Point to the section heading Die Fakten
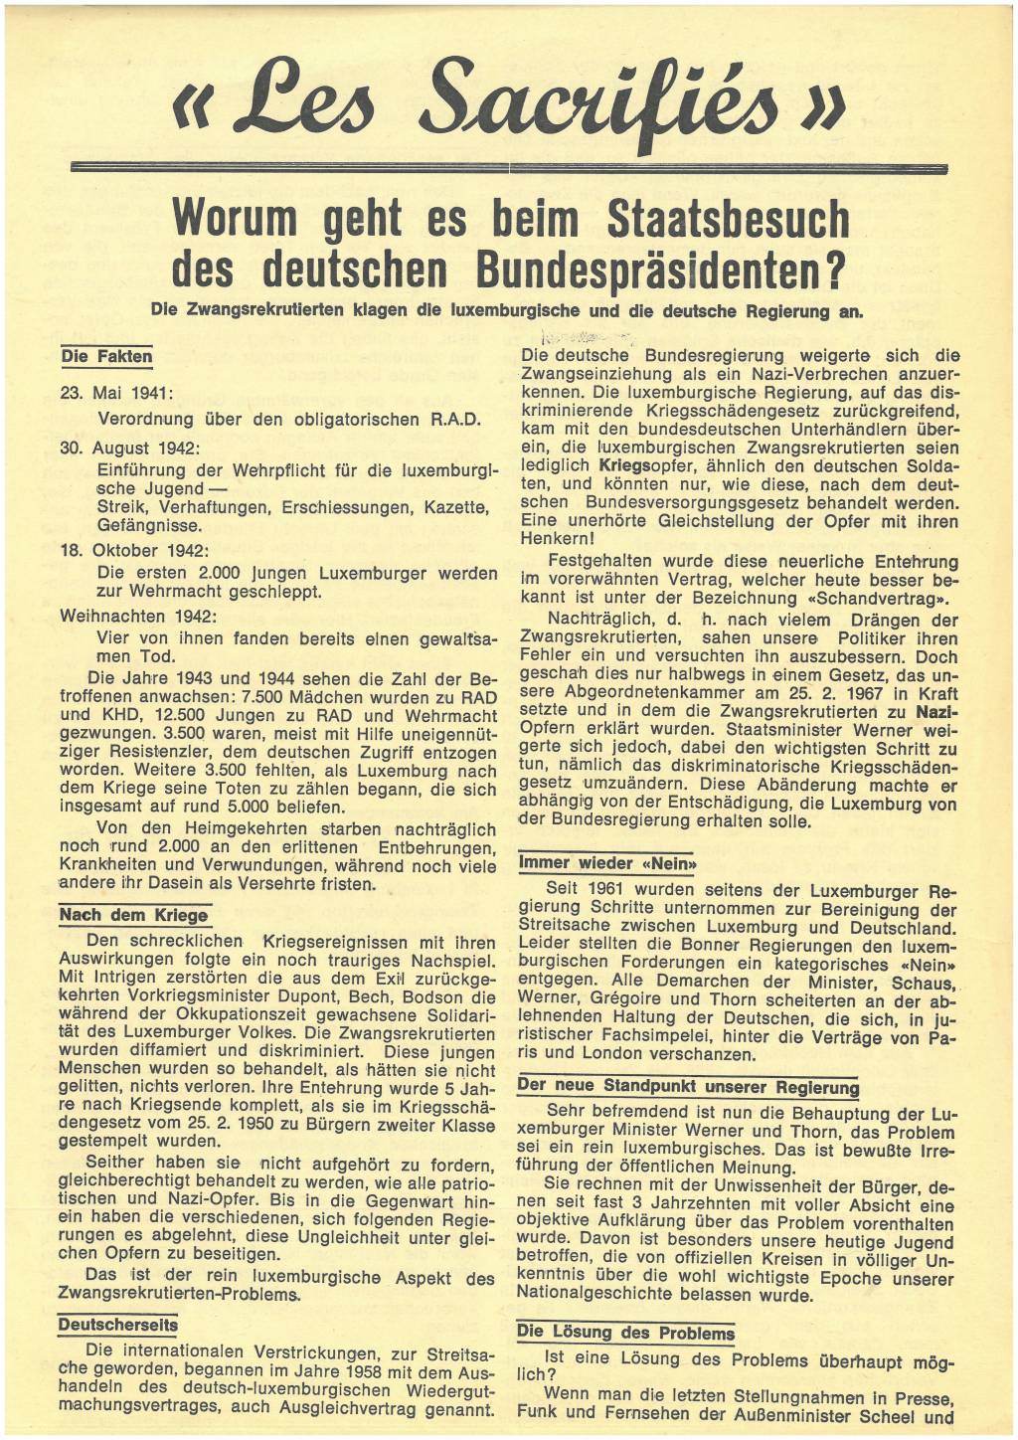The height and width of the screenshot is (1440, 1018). click(106, 356)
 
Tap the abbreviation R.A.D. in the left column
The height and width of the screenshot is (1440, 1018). click(455, 419)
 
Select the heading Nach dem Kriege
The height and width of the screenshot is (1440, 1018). click(133, 915)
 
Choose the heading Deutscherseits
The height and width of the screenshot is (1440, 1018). click(117, 1325)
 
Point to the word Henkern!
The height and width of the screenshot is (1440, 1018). click(558, 537)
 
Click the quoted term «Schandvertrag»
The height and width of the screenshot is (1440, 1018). click(874, 599)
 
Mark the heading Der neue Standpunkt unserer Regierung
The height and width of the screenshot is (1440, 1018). click(688, 1086)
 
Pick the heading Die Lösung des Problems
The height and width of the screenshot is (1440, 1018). click(625, 1333)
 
